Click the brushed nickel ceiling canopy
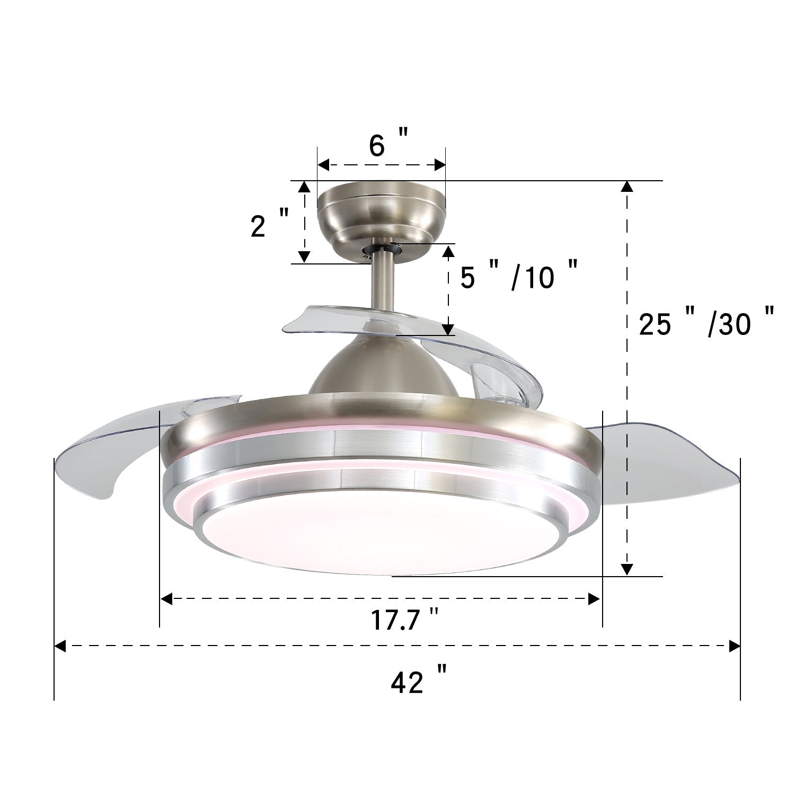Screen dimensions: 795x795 point(381,212)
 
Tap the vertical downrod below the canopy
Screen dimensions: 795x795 point(382,281)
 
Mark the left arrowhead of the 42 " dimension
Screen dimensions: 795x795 point(60,646)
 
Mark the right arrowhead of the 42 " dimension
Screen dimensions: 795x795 point(735,646)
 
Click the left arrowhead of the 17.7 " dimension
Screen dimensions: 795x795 point(166,599)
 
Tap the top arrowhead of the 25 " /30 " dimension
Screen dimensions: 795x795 point(627,187)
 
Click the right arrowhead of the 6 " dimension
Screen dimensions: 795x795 point(440,165)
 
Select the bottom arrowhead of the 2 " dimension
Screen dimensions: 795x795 point(304,257)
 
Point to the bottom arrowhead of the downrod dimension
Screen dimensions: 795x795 point(448,329)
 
